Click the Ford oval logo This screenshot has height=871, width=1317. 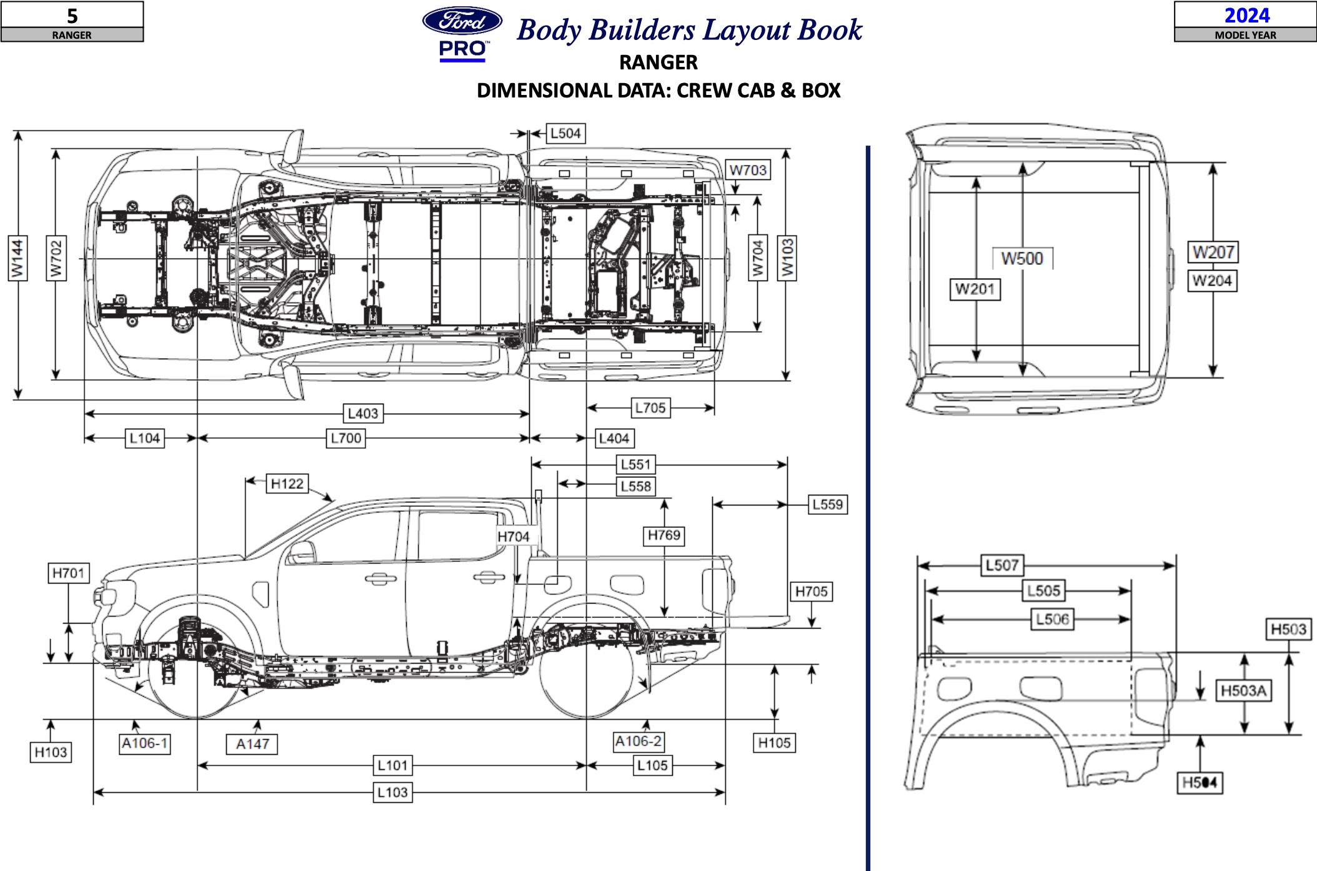click(462, 21)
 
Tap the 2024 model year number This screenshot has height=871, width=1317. click(1246, 15)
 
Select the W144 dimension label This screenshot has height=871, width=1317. click(17, 258)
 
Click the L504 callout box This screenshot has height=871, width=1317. click(565, 133)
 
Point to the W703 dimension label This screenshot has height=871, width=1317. click(748, 170)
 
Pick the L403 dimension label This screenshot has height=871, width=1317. click(363, 413)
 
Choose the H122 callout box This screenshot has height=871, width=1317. click(287, 484)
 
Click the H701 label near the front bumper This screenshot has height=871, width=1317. click(69, 573)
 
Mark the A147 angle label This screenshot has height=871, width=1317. click(252, 744)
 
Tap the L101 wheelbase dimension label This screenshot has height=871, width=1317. click(392, 765)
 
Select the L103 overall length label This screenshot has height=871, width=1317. click(392, 792)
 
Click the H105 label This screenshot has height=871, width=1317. click(774, 742)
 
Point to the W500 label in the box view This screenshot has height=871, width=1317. click(1022, 258)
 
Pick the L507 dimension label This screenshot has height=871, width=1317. click(1002, 565)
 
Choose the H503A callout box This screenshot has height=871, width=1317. click(1243, 690)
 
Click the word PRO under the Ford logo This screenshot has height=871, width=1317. click(462, 49)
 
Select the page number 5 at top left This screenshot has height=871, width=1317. click(72, 15)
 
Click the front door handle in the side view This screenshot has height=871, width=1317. click(380, 579)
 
